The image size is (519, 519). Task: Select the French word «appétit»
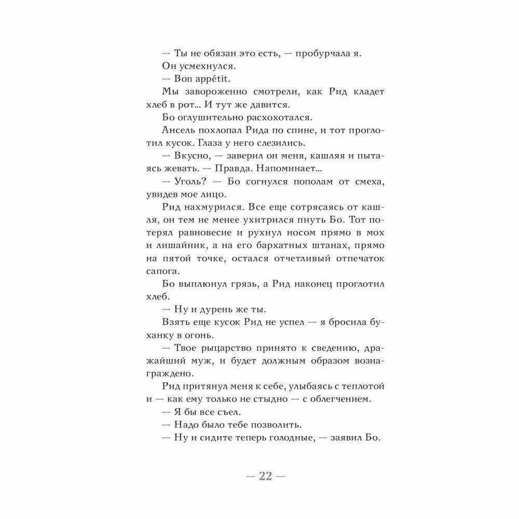[209, 79]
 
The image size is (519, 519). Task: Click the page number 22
[265, 477]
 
